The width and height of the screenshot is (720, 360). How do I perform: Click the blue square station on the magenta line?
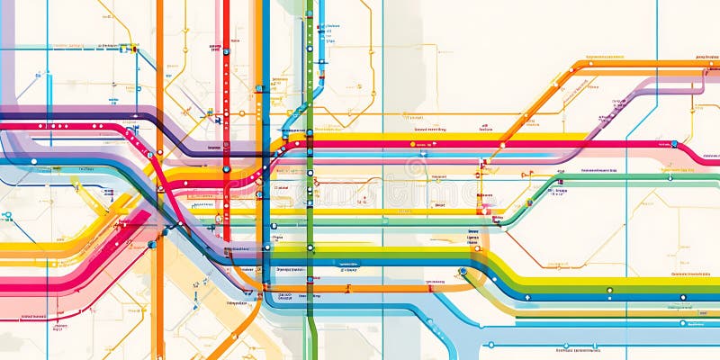pos(673,143)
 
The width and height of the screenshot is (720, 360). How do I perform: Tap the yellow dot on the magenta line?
pos(413,144)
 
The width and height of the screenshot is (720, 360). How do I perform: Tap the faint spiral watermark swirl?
pos(415,168)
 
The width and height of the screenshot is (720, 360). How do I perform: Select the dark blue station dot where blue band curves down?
pos(463,271)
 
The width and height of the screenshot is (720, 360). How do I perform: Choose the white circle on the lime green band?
pos(609,291)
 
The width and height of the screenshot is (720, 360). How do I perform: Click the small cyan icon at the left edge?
pos(6,216)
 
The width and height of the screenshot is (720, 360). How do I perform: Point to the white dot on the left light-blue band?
pos(33,162)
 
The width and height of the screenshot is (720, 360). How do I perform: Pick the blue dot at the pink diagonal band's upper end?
pos(152,244)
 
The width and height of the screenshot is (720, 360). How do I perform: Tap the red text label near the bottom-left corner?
pos(34,316)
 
